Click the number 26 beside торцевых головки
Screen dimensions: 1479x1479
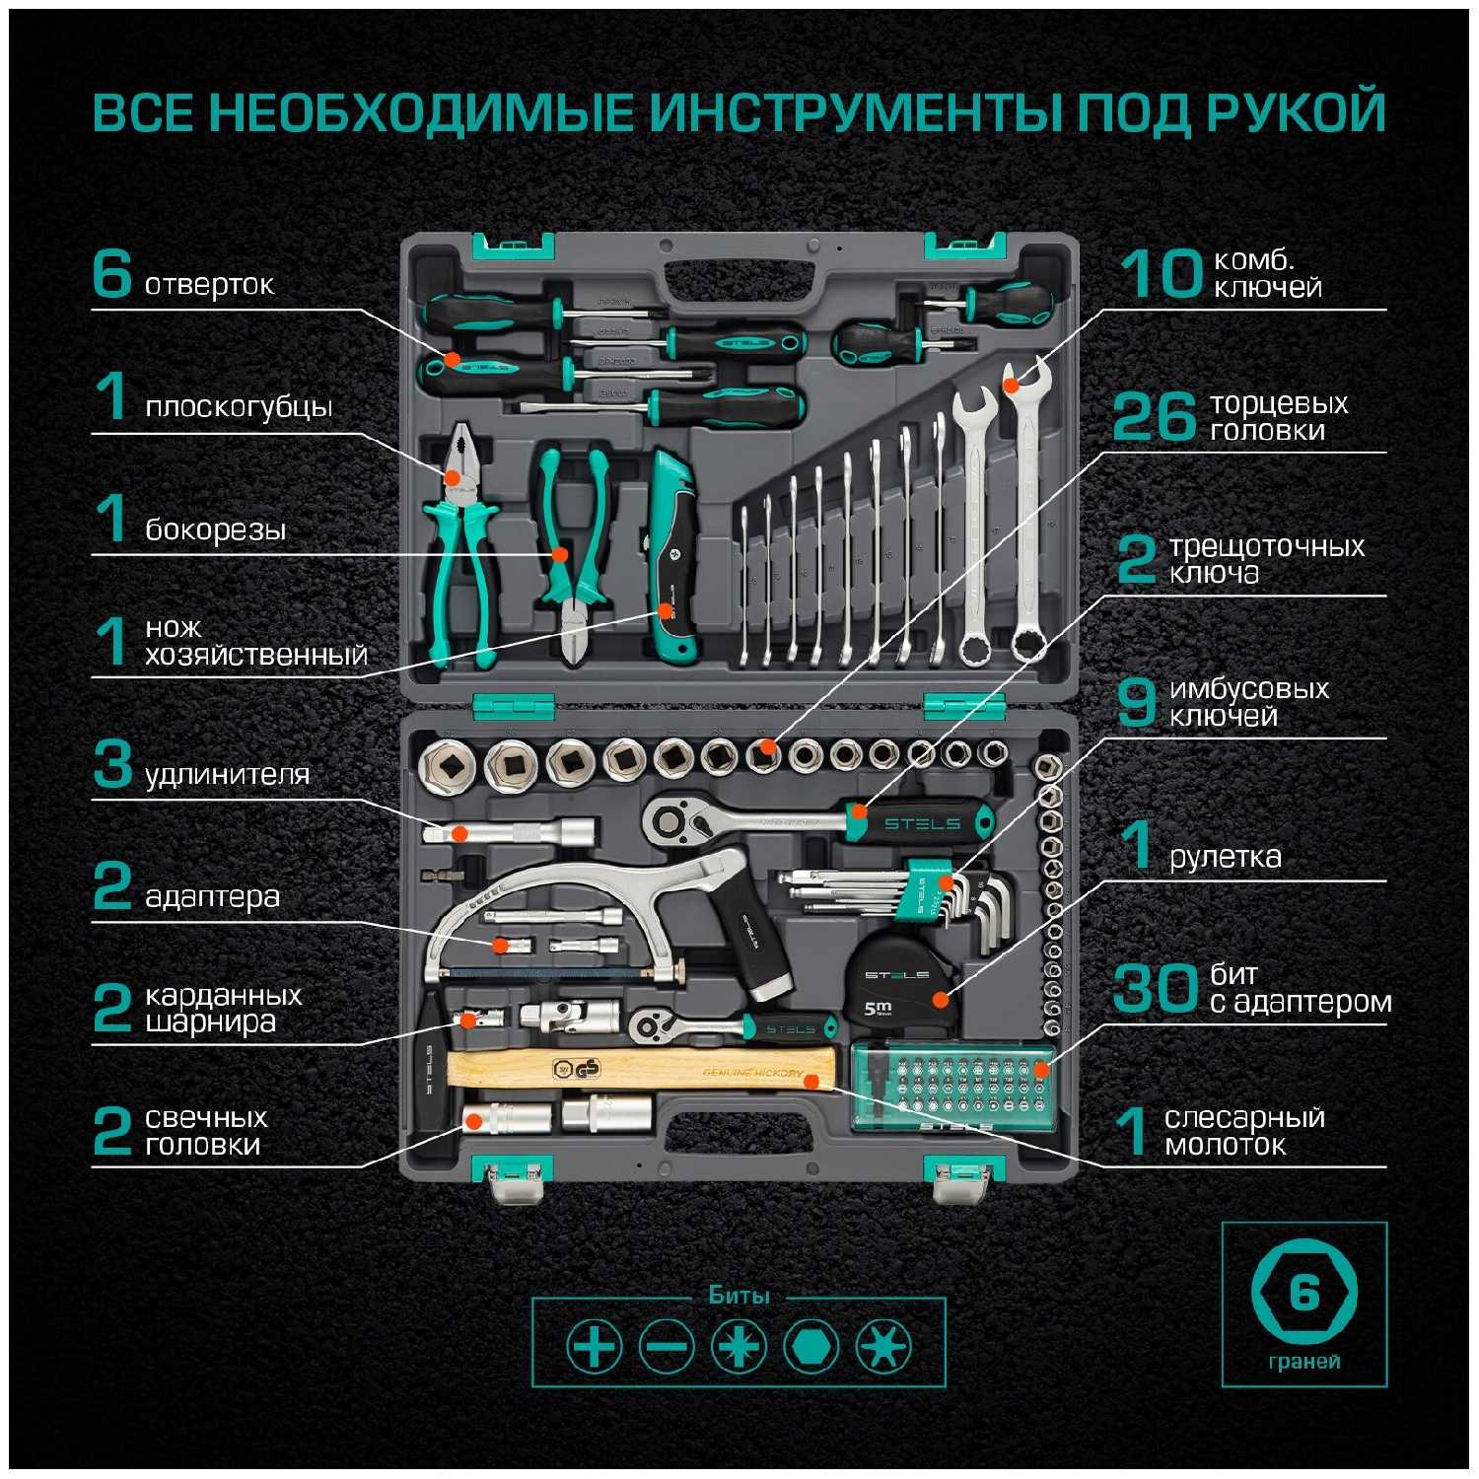(x=1154, y=417)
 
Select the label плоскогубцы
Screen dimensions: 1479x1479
(x=238, y=406)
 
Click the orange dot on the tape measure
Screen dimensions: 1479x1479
(x=941, y=999)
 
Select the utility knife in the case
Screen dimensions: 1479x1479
(x=671, y=557)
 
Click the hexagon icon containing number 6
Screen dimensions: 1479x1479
(x=1303, y=1291)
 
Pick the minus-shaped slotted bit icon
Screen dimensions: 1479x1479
(x=666, y=1346)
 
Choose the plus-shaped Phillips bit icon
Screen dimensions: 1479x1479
(x=594, y=1346)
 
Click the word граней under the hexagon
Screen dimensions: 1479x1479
(x=1303, y=1362)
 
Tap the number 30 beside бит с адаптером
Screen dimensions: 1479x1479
(x=1154, y=988)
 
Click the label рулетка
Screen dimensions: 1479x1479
(x=1225, y=856)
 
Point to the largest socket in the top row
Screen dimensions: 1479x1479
(x=449, y=762)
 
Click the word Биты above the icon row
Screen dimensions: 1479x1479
(x=739, y=1295)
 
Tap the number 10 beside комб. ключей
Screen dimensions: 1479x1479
(x=1162, y=274)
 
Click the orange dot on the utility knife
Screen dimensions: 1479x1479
(x=666, y=611)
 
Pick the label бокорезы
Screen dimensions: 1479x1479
(x=215, y=529)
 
